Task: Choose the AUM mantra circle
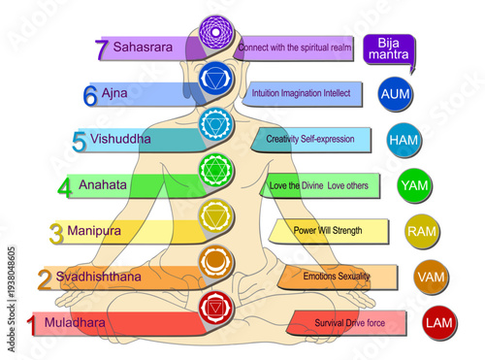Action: [x=396, y=94]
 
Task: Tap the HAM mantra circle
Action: [x=404, y=140]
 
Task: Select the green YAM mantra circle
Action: [x=415, y=184]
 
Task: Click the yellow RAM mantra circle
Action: [x=421, y=231]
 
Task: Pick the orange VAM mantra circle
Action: [x=431, y=277]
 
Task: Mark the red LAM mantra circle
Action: [x=438, y=321]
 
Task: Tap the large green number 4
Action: [x=64, y=186]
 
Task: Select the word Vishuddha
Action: [x=120, y=139]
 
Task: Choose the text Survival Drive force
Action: [x=351, y=322]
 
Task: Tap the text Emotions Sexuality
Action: [x=336, y=277]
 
